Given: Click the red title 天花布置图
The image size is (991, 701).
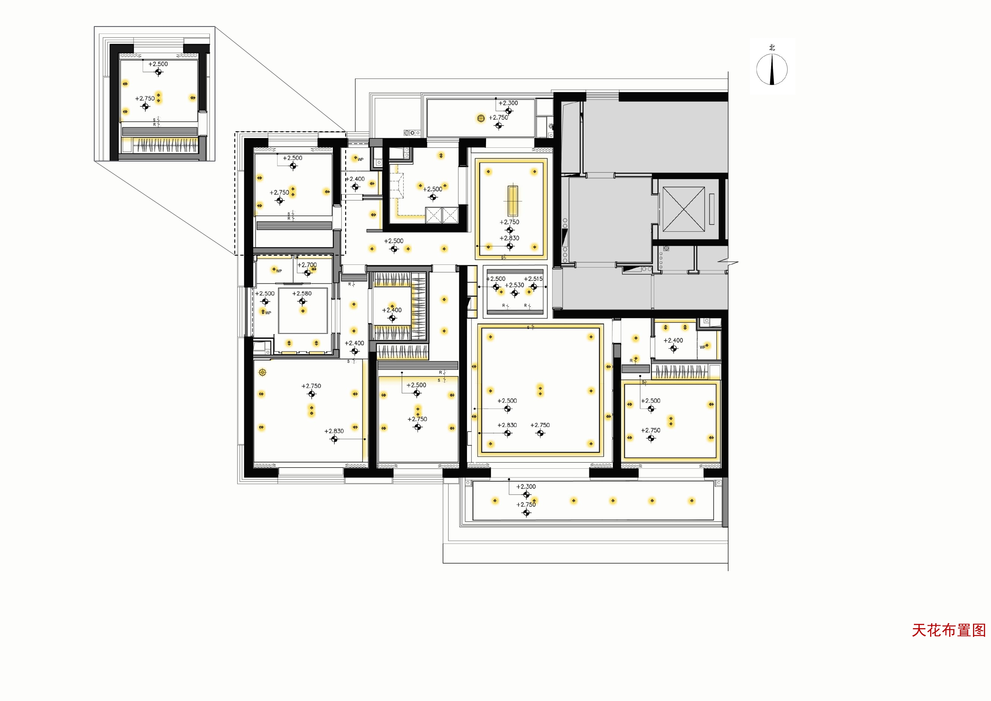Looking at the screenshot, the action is [949, 630].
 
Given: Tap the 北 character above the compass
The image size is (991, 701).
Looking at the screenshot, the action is [772, 47].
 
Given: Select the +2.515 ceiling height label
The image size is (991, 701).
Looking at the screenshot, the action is [533, 279].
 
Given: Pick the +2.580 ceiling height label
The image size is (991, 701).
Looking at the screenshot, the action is [302, 293].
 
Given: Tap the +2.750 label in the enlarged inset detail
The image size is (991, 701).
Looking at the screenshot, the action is [145, 98].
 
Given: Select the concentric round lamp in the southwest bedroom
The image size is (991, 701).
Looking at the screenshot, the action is [263, 372].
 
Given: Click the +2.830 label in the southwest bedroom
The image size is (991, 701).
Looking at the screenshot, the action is [334, 431].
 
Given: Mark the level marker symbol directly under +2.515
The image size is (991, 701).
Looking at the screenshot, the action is [534, 287].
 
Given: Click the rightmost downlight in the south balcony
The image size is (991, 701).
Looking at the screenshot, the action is [692, 501].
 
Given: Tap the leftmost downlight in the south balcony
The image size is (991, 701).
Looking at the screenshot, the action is [495, 501].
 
